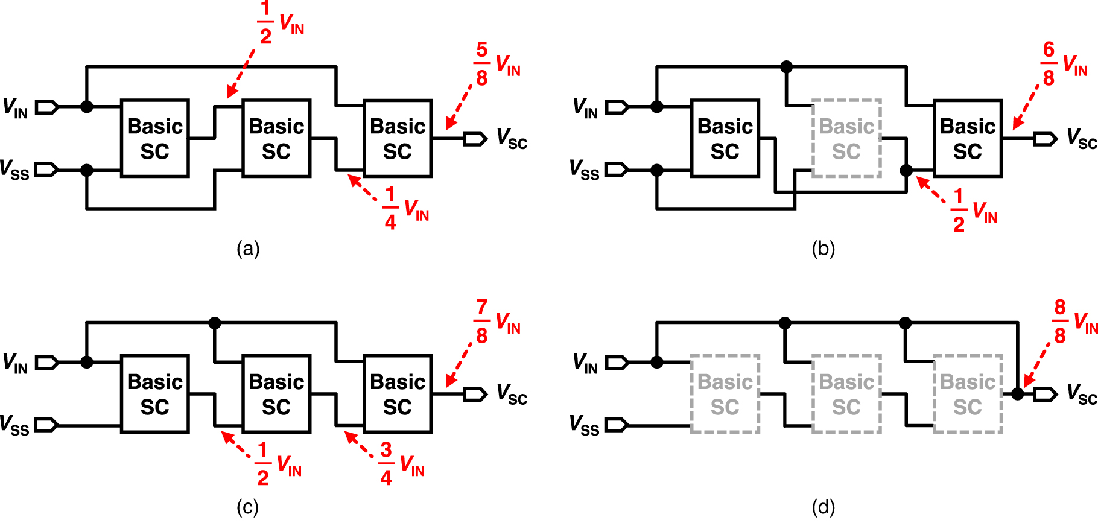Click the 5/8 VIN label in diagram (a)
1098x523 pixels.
click(496, 64)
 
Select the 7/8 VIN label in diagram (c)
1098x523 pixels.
click(496, 322)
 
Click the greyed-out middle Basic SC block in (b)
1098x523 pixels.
click(846, 139)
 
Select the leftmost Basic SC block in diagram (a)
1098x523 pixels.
click(155, 139)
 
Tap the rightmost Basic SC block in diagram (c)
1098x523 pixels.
click(398, 395)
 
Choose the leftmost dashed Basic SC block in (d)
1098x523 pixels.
click(725, 395)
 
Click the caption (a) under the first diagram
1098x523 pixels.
click(248, 248)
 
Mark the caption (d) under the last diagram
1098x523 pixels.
click(823, 507)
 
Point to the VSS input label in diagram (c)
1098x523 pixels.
click(14, 425)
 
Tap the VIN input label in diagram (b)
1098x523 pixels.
click(585, 108)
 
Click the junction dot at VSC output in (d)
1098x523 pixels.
click(1018, 395)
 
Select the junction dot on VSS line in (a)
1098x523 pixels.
click(87, 170)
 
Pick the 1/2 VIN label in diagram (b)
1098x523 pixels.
click(973, 211)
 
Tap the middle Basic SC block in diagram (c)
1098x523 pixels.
click(276, 395)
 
